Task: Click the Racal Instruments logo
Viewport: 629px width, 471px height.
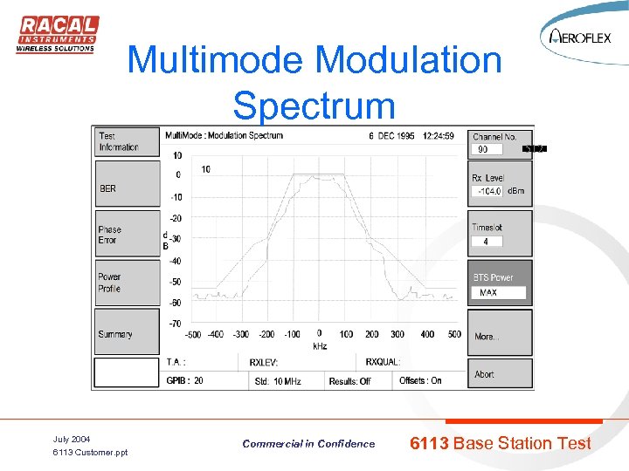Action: click(x=57, y=35)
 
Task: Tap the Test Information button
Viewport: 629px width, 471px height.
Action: click(x=128, y=142)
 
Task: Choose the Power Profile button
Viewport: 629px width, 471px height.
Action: click(x=128, y=283)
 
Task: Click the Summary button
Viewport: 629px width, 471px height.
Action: click(x=128, y=332)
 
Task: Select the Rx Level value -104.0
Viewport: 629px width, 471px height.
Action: click(x=487, y=191)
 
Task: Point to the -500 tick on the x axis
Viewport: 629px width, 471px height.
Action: click(x=192, y=334)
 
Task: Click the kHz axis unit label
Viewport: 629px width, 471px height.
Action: click(x=320, y=345)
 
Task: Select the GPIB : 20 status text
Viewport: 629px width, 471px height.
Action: click(x=185, y=380)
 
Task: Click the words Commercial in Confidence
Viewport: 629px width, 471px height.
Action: click(x=308, y=444)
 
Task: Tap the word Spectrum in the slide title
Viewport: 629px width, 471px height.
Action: click(x=314, y=106)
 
